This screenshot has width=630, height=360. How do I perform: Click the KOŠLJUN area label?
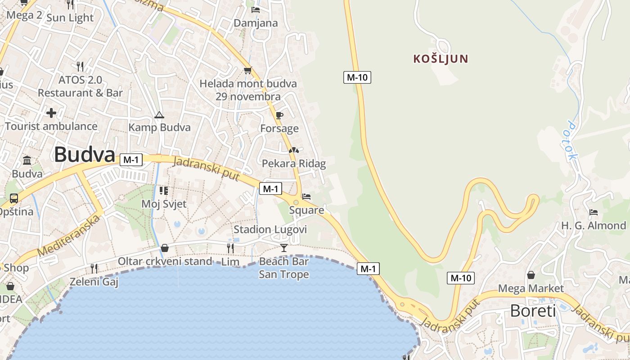(x=441, y=58)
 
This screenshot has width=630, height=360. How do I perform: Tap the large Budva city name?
(x=85, y=155)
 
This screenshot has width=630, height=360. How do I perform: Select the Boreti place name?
(x=533, y=310)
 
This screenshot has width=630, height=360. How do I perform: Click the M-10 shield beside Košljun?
(x=357, y=77)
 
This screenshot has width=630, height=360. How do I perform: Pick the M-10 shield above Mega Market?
(x=461, y=278)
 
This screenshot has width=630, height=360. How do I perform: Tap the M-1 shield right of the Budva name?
(x=131, y=159)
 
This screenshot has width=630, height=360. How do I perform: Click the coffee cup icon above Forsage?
(x=279, y=115)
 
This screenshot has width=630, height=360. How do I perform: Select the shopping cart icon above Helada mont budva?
(x=247, y=70)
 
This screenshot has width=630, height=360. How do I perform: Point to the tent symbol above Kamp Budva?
(x=159, y=115)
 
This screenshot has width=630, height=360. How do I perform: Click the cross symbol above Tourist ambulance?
(x=51, y=112)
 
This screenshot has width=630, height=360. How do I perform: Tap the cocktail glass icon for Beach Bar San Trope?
(x=284, y=247)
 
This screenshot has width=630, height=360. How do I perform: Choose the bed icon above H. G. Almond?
(x=593, y=212)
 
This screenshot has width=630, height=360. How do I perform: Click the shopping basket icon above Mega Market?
(x=531, y=275)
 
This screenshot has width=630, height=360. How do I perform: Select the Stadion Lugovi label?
(x=270, y=229)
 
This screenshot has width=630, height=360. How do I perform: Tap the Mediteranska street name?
(x=69, y=236)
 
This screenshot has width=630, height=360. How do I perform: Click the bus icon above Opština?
(x=14, y=198)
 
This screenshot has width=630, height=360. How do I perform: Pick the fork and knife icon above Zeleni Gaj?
(x=94, y=269)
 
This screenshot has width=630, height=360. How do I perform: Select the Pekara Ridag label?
(x=293, y=163)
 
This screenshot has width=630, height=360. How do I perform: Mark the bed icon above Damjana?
(x=256, y=9)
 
